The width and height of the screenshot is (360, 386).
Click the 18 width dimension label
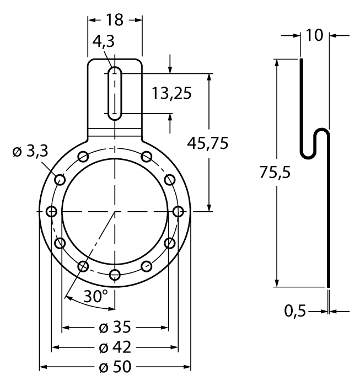pyautogui.click(x=115, y=20)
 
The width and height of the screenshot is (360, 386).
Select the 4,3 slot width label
pyautogui.click(x=104, y=42)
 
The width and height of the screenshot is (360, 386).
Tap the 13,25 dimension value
pyautogui.click(x=171, y=93)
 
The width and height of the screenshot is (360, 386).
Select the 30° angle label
pyautogui.click(x=95, y=297)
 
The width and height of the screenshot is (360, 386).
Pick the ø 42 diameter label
pyautogui.click(x=115, y=348)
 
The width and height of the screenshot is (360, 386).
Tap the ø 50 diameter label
pyautogui.click(x=115, y=367)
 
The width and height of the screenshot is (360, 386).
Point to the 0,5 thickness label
pyautogui.click(x=295, y=312)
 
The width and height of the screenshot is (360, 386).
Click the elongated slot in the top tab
pyautogui.click(x=115, y=93)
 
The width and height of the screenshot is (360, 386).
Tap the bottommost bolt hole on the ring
pyautogui.click(x=115, y=275)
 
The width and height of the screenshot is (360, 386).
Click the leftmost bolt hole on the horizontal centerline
pyautogui.click(x=52, y=211)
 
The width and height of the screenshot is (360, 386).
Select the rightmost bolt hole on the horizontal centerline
pyautogui.click(x=178, y=211)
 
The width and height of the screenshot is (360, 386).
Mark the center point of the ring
pyautogui.click(x=115, y=211)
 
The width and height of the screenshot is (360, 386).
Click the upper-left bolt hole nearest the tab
pyautogui.click(x=83, y=157)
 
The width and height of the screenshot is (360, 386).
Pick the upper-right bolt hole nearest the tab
pyautogui.click(x=147, y=157)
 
